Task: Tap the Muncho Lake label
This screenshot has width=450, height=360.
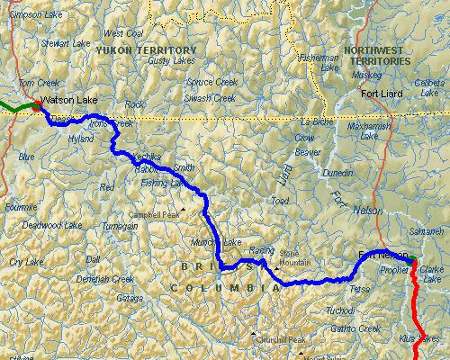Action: click(x=217, y=243)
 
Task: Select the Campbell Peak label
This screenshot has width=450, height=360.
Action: click(x=155, y=215)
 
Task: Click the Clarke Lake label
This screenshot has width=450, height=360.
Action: click(x=430, y=274)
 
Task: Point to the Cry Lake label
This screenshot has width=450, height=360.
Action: click(x=26, y=261)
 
